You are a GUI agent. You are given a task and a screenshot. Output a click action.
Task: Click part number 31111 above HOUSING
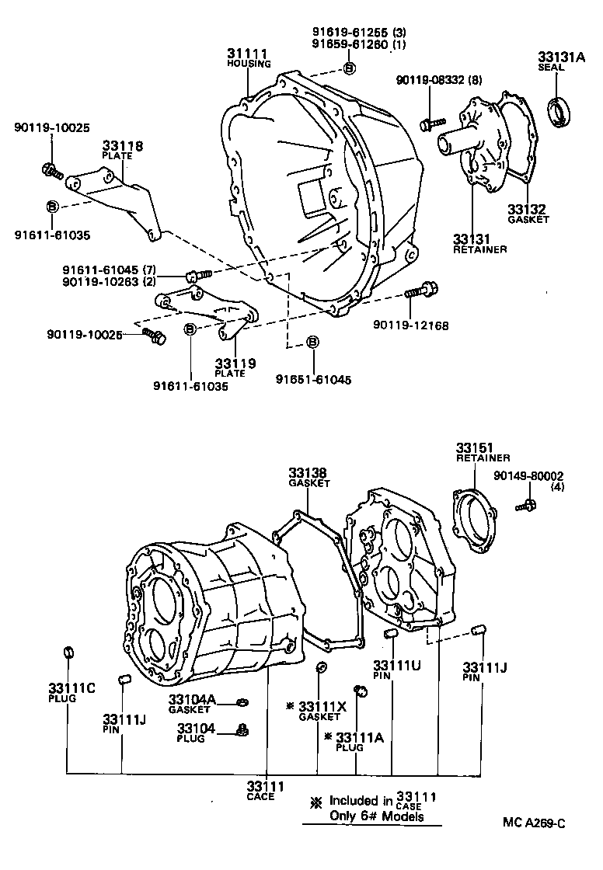click(x=247, y=54)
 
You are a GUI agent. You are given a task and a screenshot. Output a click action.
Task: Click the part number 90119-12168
click(x=410, y=325)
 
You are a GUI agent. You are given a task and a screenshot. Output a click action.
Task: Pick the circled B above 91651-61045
click(x=312, y=341)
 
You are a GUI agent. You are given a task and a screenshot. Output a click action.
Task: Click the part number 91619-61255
click(x=340, y=32)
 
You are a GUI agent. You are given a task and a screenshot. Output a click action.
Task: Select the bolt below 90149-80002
click(x=525, y=506)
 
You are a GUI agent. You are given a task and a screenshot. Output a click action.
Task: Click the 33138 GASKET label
click(x=308, y=472)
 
